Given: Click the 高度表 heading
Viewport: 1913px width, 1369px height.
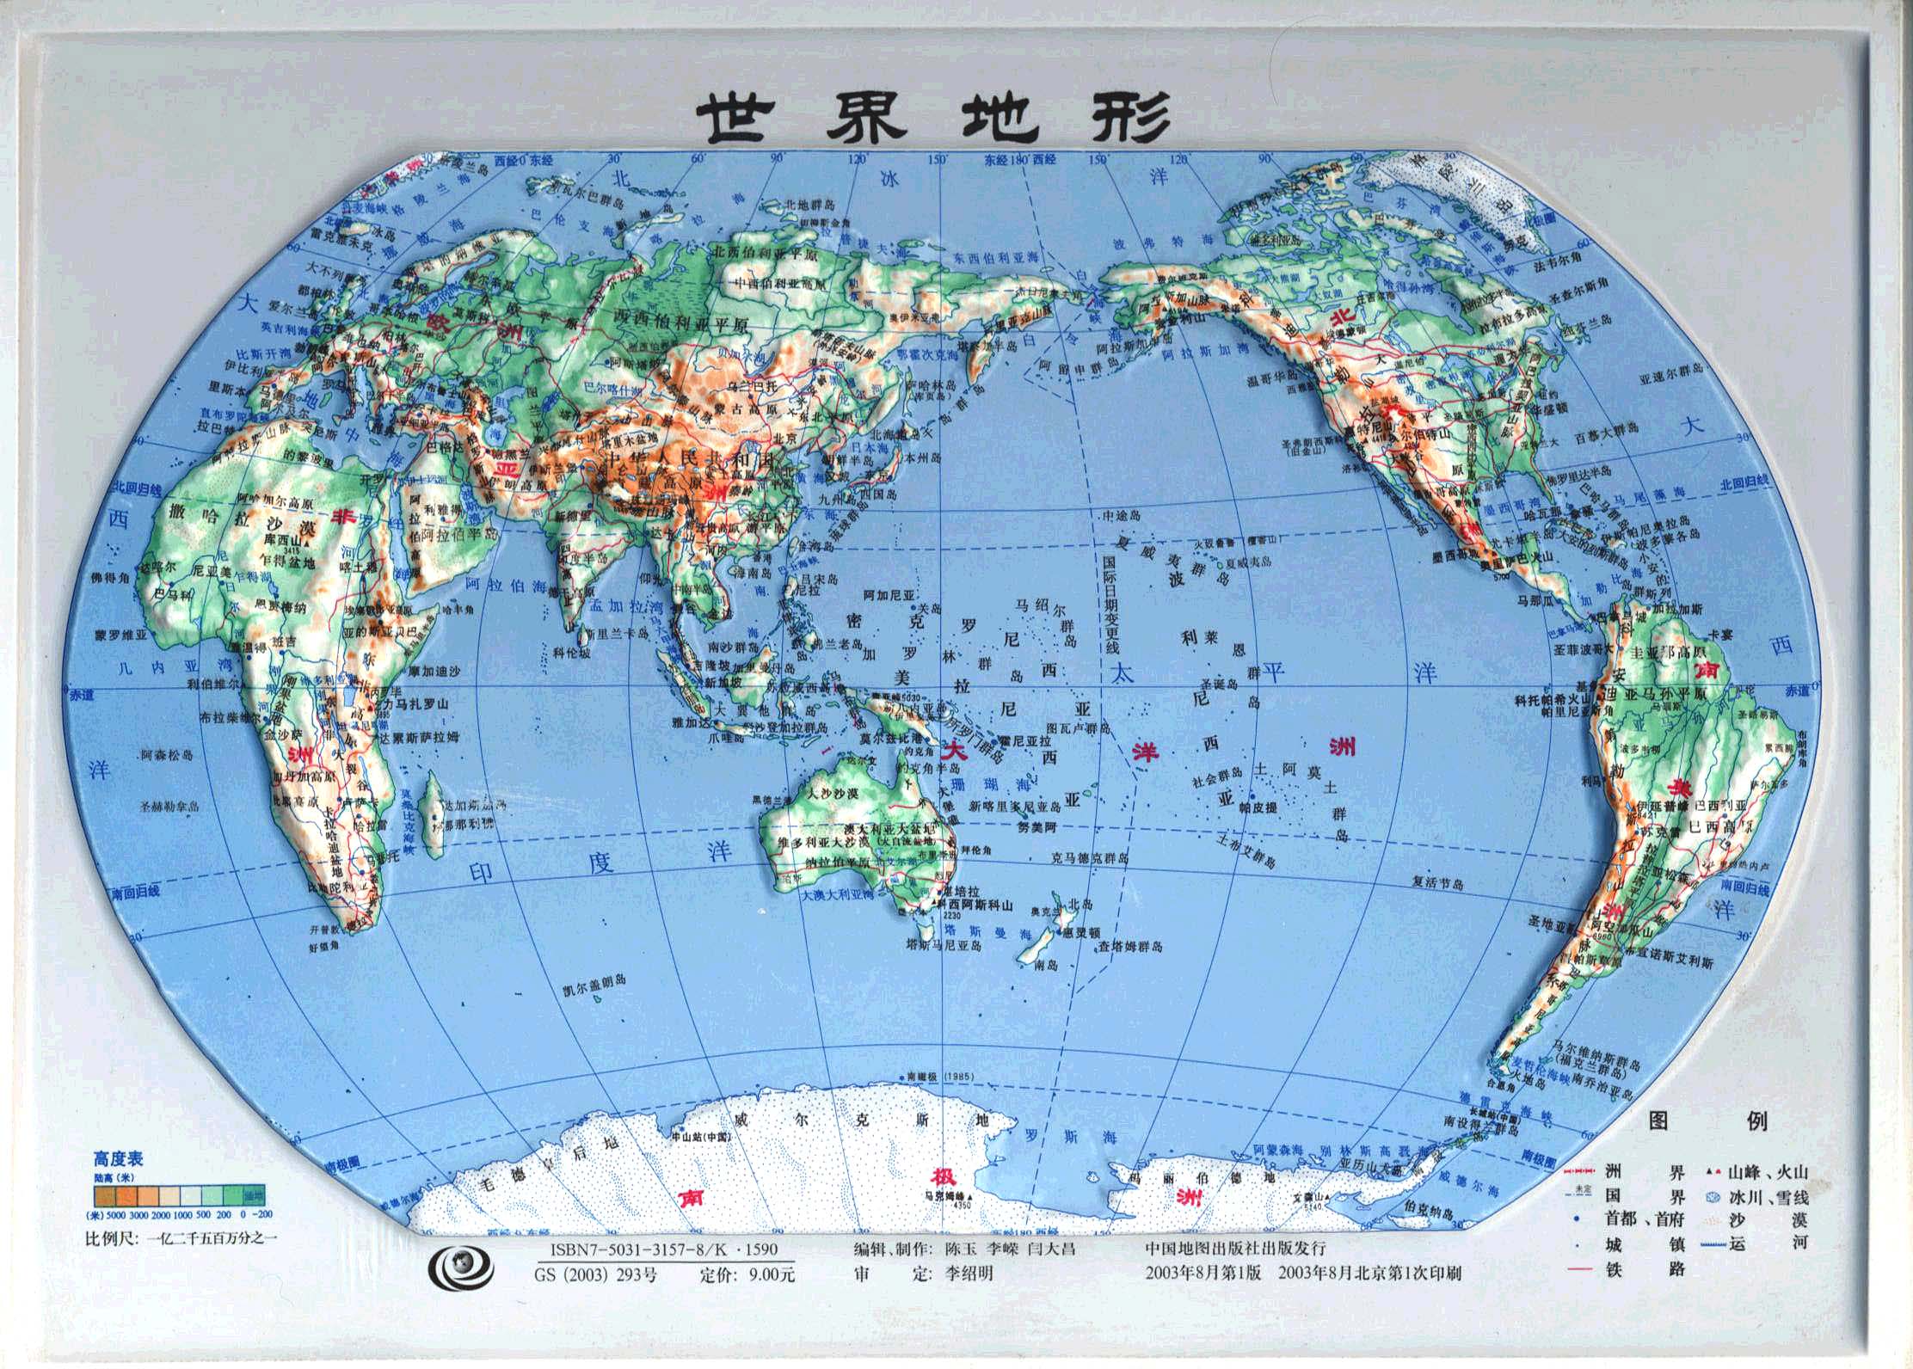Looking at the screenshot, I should coord(119,1158).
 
